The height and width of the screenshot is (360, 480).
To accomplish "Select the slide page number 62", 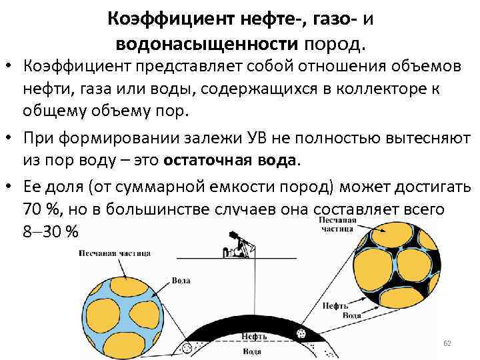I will click(447, 343).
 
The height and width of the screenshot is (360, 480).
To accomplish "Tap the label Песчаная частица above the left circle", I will click(114, 253).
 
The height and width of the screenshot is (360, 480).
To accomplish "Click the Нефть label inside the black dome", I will click(255, 337).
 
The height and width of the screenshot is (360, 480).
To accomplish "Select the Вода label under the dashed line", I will click(251, 351).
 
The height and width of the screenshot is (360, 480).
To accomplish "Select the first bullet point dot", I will click(10, 67).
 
